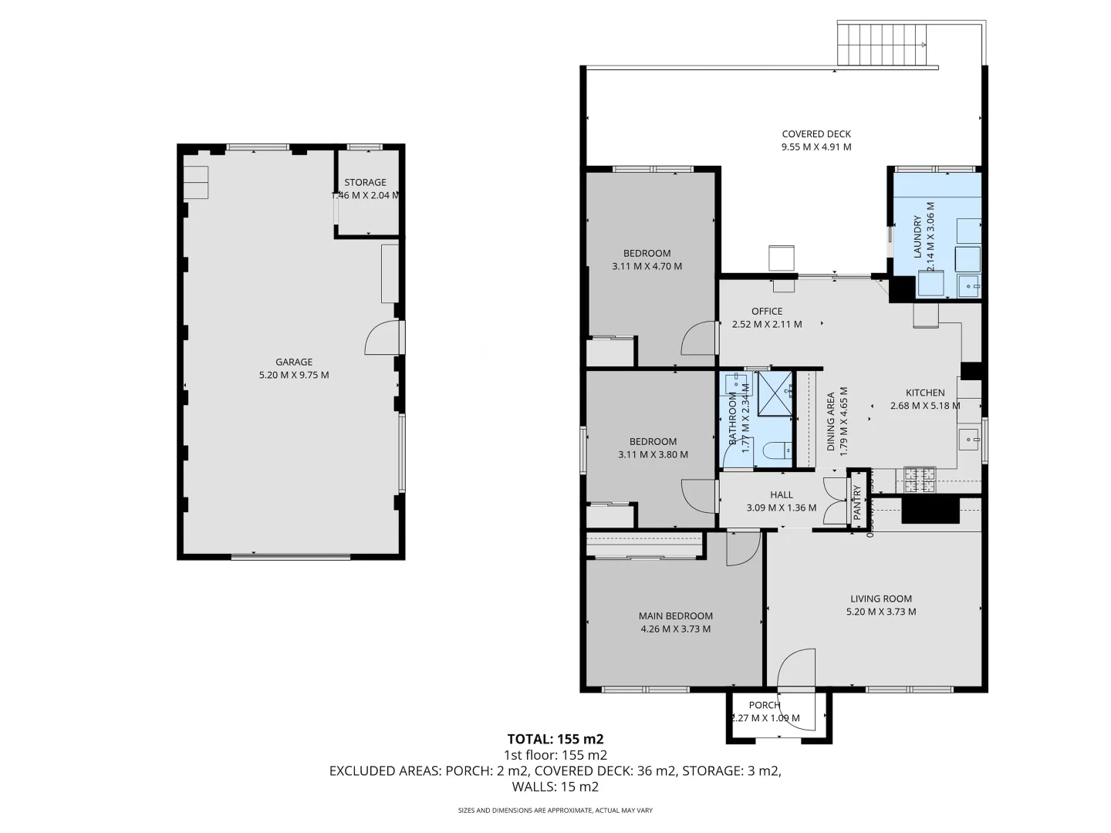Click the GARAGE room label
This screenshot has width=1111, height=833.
(x=294, y=362)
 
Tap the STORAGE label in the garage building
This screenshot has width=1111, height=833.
(x=365, y=183)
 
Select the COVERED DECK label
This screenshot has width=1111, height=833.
(x=816, y=134)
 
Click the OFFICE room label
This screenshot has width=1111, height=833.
(x=767, y=312)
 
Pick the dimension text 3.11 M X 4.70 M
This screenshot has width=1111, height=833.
(x=647, y=266)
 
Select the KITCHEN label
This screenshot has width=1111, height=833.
(x=925, y=393)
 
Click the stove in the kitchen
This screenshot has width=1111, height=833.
(x=920, y=481)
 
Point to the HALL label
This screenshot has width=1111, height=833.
(x=782, y=495)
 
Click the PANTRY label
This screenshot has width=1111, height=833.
(x=857, y=501)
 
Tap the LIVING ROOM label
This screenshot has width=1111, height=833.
(x=881, y=599)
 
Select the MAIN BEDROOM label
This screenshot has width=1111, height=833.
(x=676, y=615)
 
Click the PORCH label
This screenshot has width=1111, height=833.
(x=765, y=705)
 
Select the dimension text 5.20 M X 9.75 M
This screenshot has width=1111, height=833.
(x=294, y=375)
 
